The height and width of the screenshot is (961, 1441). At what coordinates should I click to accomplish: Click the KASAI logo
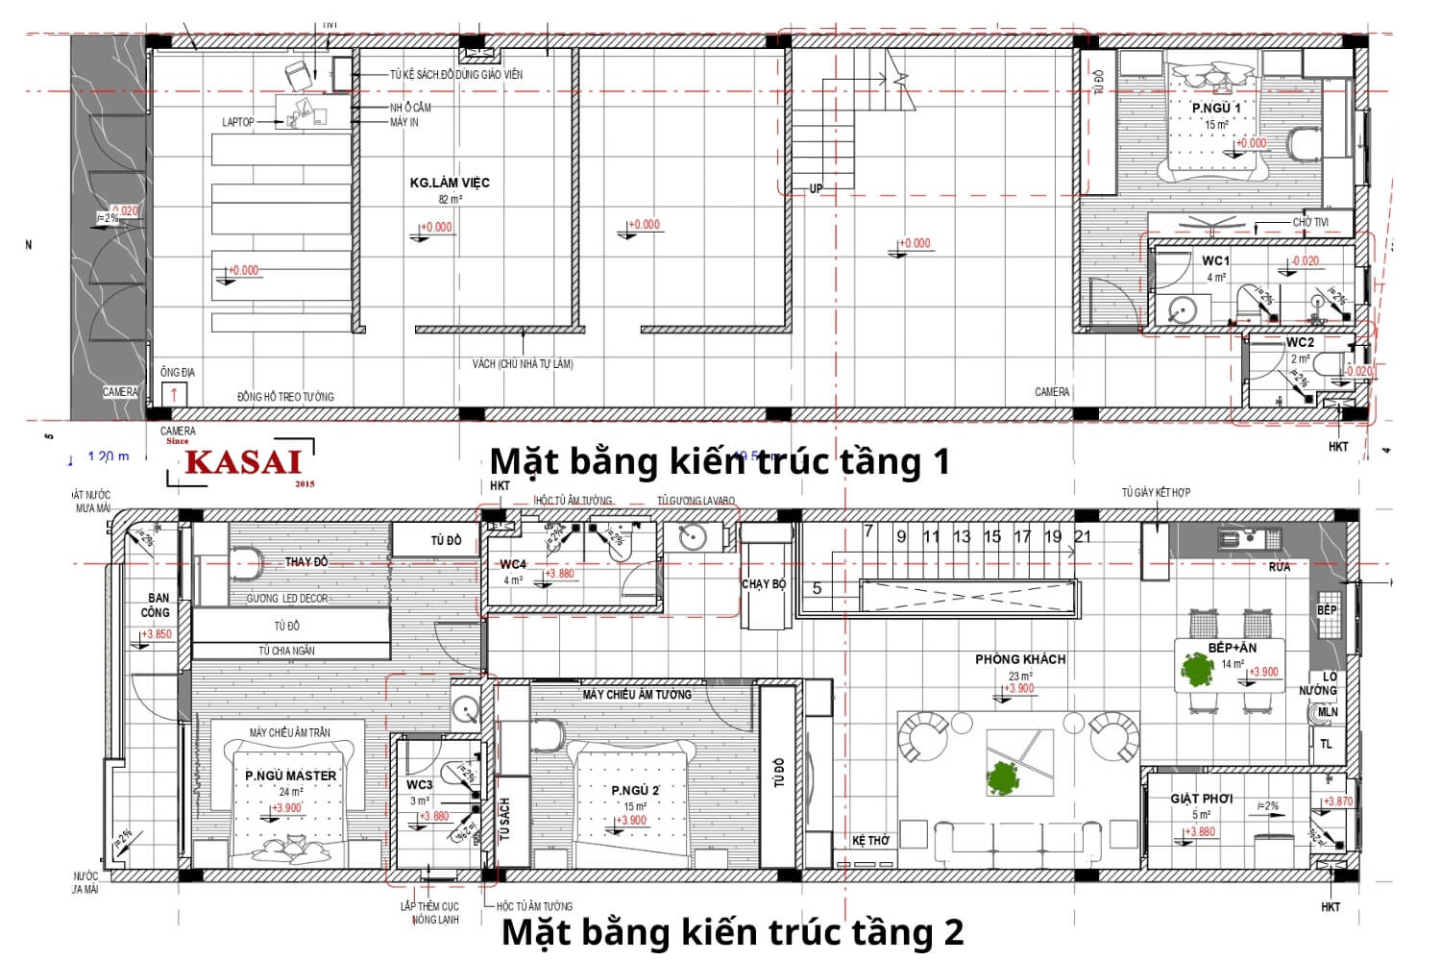[243, 462]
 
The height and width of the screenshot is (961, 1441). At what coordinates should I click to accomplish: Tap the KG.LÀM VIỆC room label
[450, 183]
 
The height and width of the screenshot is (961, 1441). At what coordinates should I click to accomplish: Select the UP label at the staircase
[816, 188]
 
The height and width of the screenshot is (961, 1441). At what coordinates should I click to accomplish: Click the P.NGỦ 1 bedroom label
[1215, 108]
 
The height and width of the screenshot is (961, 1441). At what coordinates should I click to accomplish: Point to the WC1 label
[1215, 260]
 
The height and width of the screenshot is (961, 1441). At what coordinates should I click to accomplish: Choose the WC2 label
[1300, 342]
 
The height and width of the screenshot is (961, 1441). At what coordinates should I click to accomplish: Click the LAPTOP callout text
[238, 122]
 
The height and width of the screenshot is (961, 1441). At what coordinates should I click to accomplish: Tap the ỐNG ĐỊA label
[178, 372]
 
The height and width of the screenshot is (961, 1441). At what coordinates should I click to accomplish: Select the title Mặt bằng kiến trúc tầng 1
[720, 461]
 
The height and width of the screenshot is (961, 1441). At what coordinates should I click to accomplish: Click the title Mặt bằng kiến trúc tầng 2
[732, 931]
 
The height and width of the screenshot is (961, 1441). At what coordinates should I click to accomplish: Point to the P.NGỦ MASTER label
[290, 776]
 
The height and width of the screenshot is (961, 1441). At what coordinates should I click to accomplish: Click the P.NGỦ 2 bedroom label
[635, 790]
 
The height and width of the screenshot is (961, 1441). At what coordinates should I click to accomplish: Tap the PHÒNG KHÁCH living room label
[1020, 659]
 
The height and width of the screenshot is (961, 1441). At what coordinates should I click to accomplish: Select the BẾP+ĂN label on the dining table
[1233, 648]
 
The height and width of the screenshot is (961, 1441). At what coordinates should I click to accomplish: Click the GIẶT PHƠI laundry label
[1201, 799]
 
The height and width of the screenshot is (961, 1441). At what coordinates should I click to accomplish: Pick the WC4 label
[513, 564]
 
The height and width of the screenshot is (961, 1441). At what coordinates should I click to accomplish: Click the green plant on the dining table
[1197, 669]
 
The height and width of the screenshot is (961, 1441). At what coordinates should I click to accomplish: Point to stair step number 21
[1083, 536]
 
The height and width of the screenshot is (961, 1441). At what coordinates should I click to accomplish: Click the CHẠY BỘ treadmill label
[764, 583]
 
